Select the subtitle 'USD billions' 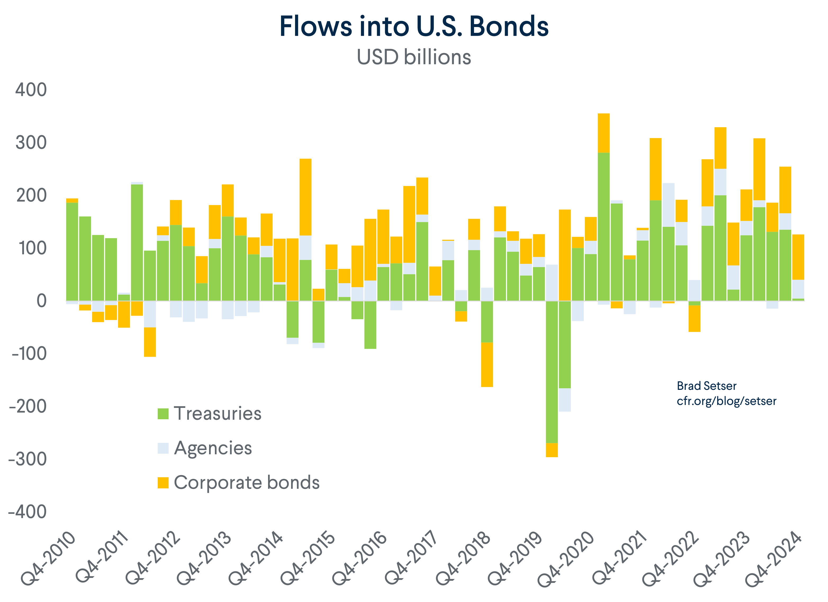(x=414, y=57)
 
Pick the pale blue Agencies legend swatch (x=163, y=448)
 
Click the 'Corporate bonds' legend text (x=246, y=483)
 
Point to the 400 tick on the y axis (x=31, y=90)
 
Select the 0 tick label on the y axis (x=42, y=301)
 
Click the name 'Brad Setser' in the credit (x=707, y=386)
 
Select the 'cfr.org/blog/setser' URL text (x=726, y=401)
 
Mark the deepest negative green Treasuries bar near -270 (x=552, y=373)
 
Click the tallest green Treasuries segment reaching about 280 (x=604, y=226)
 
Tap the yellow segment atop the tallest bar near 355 (x=604, y=133)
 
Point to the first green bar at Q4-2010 (x=72, y=252)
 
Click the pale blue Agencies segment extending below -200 (x=565, y=400)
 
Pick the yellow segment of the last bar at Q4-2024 (x=798, y=257)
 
